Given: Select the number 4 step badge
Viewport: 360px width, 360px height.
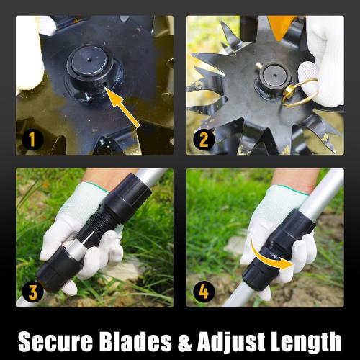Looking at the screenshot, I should pyautogui.click(x=204, y=292).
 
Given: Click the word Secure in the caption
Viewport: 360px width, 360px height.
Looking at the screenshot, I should pyautogui.click(x=59, y=338).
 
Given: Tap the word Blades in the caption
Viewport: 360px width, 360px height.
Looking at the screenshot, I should pyautogui.click(x=144, y=338).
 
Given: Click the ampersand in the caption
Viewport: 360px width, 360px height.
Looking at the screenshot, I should pyautogui.click(x=190, y=338).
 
